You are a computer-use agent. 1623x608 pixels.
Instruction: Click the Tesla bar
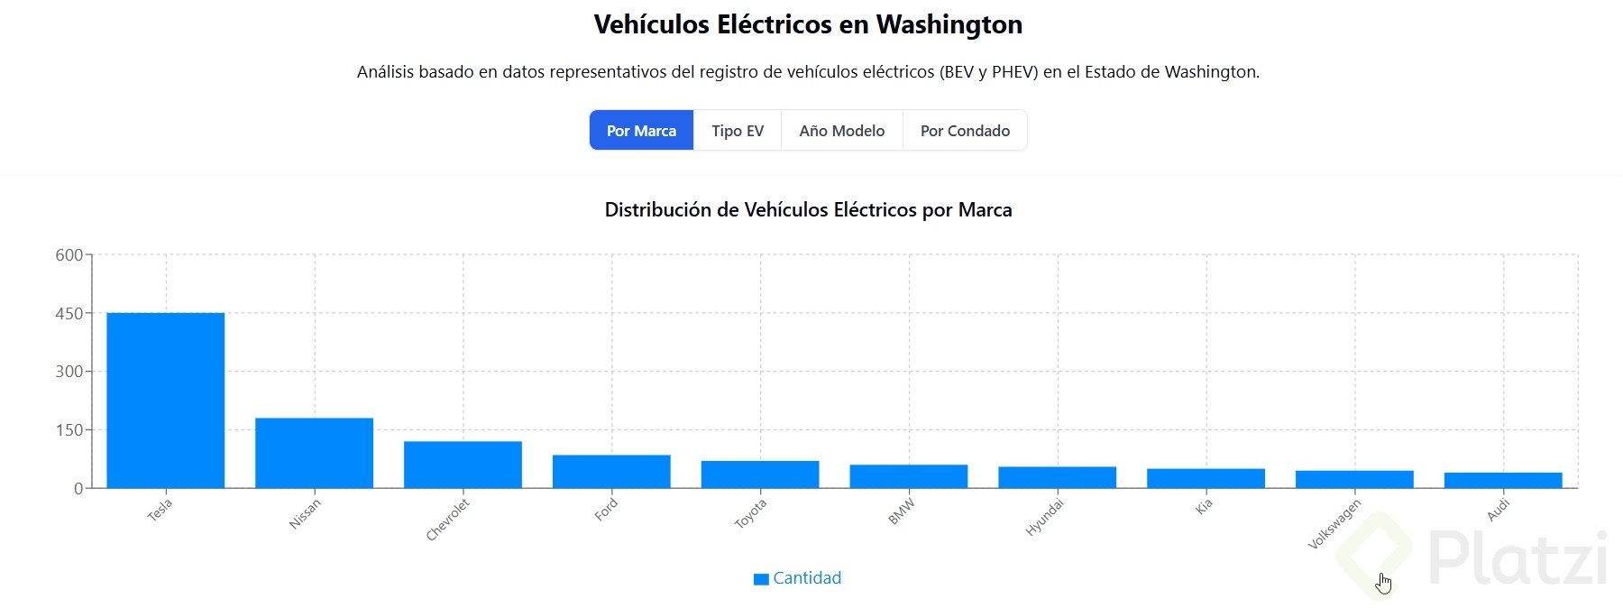pyautogui.click(x=165, y=401)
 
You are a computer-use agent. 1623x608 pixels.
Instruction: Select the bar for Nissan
pyautogui.click(x=314, y=453)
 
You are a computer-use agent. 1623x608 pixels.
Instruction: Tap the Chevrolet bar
pyautogui.click(x=463, y=465)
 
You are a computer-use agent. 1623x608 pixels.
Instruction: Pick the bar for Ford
pyautogui.click(x=611, y=472)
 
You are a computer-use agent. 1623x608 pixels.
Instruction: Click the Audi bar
pyautogui.click(x=1503, y=480)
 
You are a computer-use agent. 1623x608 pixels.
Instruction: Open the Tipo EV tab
pyautogui.click(x=737, y=131)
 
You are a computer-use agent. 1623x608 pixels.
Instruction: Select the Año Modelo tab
pyautogui.click(x=841, y=131)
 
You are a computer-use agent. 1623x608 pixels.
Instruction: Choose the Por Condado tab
pyautogui.click(x=965, y=131)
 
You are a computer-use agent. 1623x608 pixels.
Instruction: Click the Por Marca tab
pyautogui.click(x=641, y=131)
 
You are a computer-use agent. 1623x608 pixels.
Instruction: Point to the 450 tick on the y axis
pyautogui.click(x=69, y=313)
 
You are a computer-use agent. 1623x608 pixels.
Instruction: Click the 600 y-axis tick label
pyautogui.click(x=69, y=255)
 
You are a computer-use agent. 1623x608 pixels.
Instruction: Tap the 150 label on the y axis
pyautogui.click(x=69, y=430)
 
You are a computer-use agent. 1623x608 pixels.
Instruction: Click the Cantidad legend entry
pyautogui.click(x=797, y=578)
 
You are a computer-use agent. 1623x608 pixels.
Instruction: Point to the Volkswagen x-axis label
pyautogui.click(x=1334, y=524)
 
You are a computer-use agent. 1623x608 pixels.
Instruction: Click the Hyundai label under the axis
pyautogui.click(x=1044, y=518)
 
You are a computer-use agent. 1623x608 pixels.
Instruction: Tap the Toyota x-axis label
pyautogui.click(x=750, y=513)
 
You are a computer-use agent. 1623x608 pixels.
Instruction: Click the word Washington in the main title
pyautogui.click(x=949, y=24)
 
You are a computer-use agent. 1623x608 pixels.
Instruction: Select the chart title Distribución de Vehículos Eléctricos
pyautogui.click(x=808, y=210)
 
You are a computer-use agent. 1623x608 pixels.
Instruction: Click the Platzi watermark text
pyautogui.click(x=1518, y=558)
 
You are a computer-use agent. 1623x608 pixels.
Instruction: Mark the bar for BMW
pyautogui.click(x=908, y=476)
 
